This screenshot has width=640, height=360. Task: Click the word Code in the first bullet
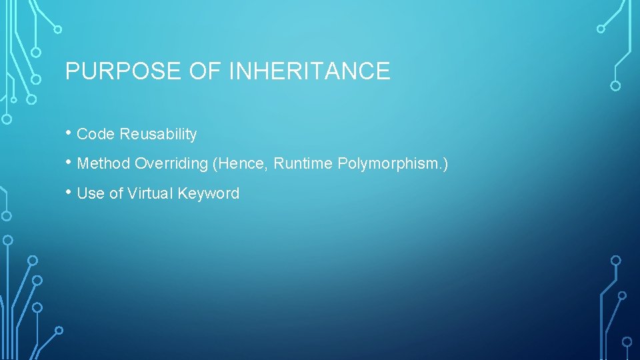click(x=96, y=134)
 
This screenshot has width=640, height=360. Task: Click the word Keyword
click(x=210, y=193)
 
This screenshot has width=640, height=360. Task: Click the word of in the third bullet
click(x=116, y=193)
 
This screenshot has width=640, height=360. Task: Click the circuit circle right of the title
click(x=615, y=85)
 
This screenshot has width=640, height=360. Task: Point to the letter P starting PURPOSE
click(x=71, y=71)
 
